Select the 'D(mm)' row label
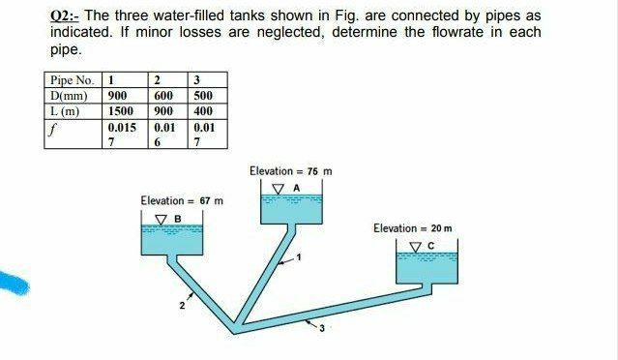tap(69, 95)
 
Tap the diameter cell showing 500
tap(203, 95)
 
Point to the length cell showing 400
tap(203, 110)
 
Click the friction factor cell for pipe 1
tap(121, 134)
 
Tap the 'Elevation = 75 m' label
tap(289, 171)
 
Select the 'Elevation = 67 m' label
tap(181, 200)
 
